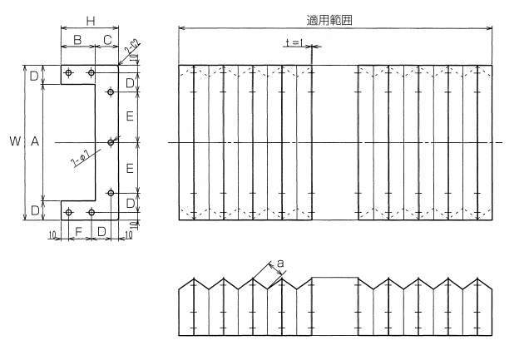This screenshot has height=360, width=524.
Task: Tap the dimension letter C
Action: pyautogui.click(x=107, y=40)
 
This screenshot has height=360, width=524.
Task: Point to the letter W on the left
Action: pyautogui.click(x=14, y=142)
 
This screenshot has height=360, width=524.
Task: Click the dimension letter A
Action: pyautogui.click(x=34, y=142)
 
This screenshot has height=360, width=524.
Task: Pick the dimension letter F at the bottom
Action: pyautogui.click(x=79, y=229)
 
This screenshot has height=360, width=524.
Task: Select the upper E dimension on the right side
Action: pyautogui.click(x=131, y=116)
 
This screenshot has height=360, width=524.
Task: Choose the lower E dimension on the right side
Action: pyautogui.click(x=131, y=168)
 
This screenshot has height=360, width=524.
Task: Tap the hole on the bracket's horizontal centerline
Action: pyautogui.click(x=110, y=142)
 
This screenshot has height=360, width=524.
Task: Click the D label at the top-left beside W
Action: pyautogui.click(x=34, y=76)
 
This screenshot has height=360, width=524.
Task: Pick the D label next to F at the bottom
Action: pyautogui.click(x=101, y=229)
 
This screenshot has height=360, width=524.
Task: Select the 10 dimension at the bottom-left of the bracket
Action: pyautogui.click(x=52, y=236)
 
